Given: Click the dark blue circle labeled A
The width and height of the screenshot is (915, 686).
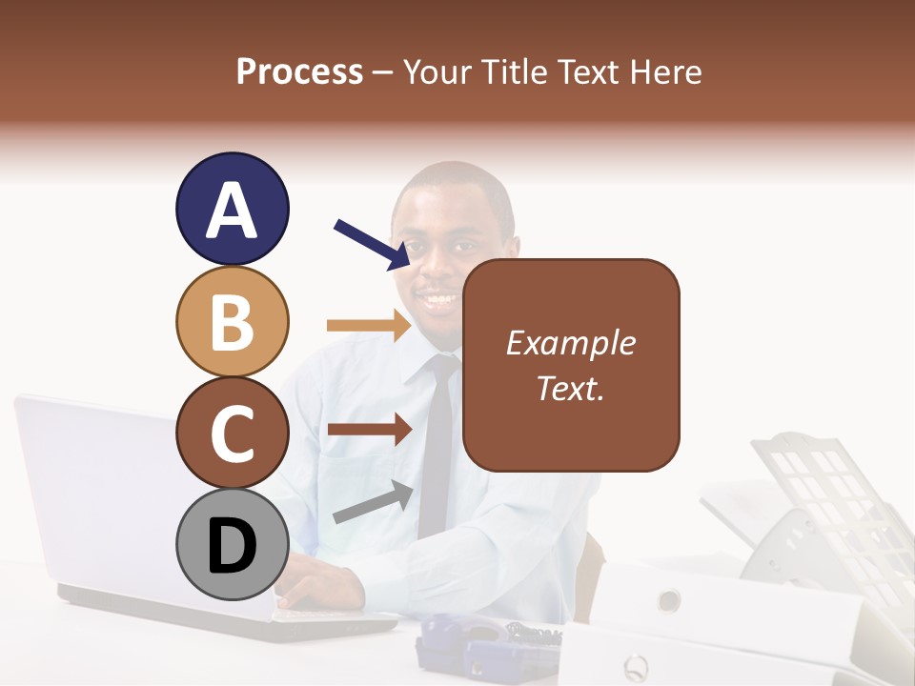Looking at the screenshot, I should [232, 209].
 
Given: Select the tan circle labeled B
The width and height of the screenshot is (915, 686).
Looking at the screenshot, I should [232, 321].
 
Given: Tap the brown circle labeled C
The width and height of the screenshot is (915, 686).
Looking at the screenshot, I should [232, 433].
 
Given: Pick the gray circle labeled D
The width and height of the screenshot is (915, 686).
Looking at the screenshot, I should [232, 545].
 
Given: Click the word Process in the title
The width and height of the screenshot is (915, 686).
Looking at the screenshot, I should [299, 72].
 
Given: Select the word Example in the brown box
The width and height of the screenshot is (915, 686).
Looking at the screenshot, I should [571, 343].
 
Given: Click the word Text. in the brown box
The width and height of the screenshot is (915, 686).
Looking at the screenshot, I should [571, 388].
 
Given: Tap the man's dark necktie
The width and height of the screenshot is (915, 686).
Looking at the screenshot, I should [436, 448].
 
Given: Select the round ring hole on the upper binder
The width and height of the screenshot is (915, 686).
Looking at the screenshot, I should [669, 600].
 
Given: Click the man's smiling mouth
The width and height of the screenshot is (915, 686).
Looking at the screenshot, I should [439, 300].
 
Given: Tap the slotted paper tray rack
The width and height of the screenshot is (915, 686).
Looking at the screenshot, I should [820, 495].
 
